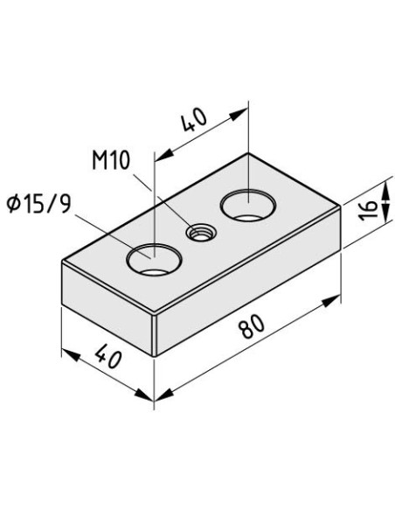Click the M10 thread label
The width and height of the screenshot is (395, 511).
[x=111, y=160]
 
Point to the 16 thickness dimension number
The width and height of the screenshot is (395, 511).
[x=369, y=210]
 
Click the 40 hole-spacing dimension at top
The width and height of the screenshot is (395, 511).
[x=194, y=120]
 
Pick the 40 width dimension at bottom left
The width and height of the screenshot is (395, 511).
[x=108, y=359]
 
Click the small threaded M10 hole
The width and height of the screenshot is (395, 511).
[x=197, y=232]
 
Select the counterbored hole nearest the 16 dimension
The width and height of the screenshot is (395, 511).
[x=248, y=205]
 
